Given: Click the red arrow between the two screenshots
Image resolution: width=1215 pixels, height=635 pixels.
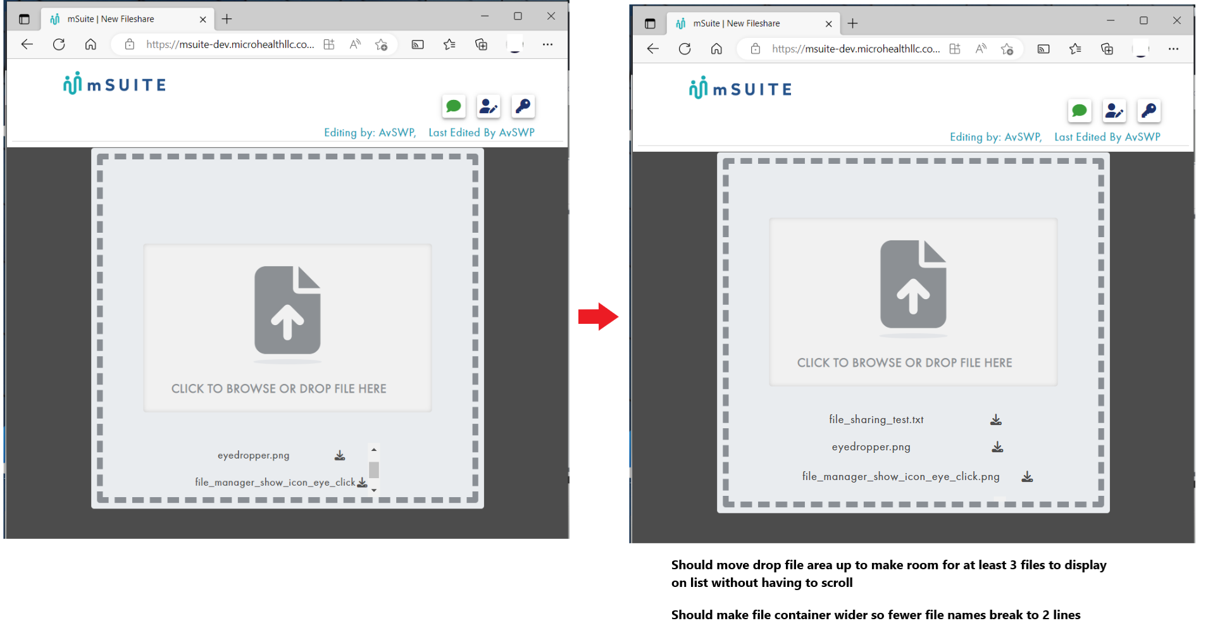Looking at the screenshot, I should pos(598,316).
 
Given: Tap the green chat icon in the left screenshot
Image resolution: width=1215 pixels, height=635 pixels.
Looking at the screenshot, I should pos(454,106).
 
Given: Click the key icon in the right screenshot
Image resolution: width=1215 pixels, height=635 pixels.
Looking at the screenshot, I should pos(1149,111).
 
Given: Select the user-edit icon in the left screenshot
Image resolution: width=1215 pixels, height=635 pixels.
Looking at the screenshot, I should pos(489,106).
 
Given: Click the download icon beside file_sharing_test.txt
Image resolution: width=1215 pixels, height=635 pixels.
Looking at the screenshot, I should pos(996,420).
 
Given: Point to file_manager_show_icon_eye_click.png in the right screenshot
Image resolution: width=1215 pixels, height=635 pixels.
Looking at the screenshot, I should pos(900,477).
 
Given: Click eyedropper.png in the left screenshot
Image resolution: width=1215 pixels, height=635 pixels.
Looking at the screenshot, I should pos(253,455).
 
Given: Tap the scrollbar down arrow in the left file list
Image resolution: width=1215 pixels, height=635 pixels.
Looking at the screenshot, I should pos(374,490).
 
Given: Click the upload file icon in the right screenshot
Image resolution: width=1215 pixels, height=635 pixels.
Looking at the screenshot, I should pos(913,284).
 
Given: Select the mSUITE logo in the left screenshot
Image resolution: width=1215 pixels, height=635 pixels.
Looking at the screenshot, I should pos(115,84).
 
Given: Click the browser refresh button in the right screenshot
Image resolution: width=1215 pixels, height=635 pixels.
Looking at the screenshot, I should pos(685,49).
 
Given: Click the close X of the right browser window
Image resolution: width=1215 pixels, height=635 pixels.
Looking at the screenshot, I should pos(1177,21).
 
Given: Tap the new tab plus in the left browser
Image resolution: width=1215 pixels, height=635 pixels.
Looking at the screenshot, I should pos(227,19).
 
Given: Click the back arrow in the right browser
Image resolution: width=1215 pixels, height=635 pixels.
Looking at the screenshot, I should pos(653,49).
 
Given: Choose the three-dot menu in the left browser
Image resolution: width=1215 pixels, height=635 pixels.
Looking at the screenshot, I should pos(547,44).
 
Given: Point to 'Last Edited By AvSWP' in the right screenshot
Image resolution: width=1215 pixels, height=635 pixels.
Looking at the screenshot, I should pos(1107,137).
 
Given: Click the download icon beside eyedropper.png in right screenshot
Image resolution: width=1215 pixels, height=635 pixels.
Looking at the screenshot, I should pos(997,447).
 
